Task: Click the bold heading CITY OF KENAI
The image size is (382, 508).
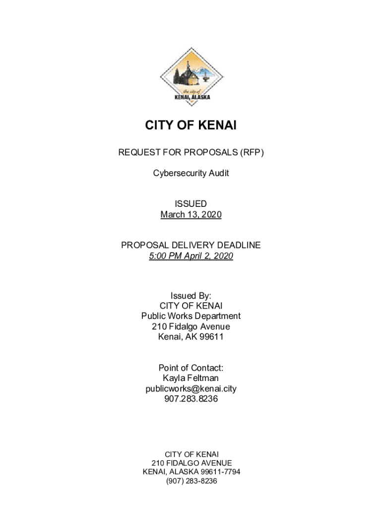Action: (x=191, y=126)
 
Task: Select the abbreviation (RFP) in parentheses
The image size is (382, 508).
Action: (x=252, y=152)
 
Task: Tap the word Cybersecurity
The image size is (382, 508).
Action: (x=176, y=174)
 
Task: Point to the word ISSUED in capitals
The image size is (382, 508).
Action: (x=191, y=204)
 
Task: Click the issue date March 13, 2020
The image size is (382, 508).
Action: (x=191, y=215)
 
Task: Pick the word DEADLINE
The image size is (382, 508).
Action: (x=238, y=246)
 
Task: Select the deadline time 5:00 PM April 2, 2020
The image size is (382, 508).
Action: (x=191, y=256)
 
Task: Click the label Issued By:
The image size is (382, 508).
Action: (x=191, y=296)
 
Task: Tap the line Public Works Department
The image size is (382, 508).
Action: (x=191, y=316)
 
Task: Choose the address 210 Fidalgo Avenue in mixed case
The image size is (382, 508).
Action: (x=191, y=326)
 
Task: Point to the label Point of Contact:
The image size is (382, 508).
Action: (x=191, y=368)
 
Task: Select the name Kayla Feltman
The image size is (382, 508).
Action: (x=191, y=378)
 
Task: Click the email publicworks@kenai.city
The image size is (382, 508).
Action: (x=191, y=388)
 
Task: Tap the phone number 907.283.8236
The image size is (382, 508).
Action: (x=191, y=399)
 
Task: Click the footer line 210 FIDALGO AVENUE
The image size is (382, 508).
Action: (x=191, y=463)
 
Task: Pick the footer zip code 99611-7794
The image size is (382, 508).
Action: (x=220, y=472)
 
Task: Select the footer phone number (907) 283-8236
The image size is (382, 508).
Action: (x=191, y=481)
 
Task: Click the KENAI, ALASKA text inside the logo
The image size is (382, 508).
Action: (x=192, y=97)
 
